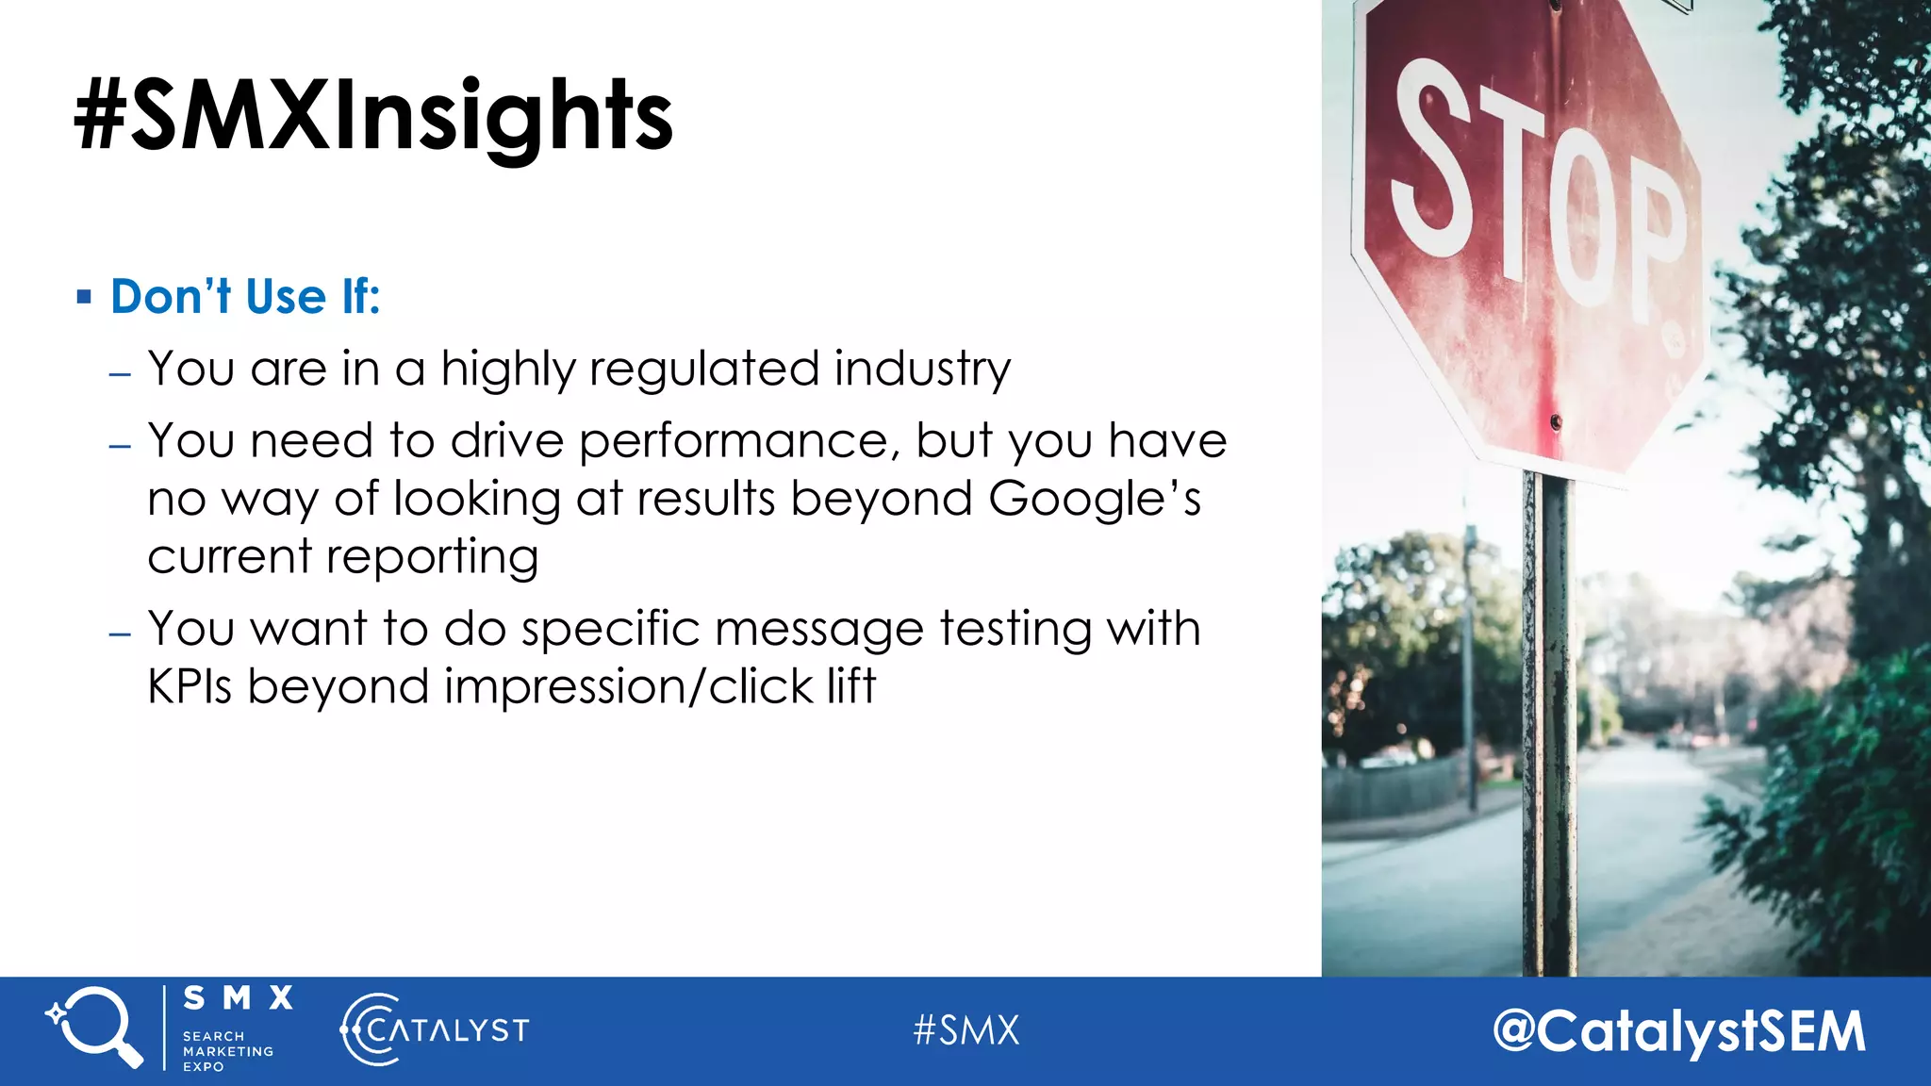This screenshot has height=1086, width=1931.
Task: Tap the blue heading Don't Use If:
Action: [x=245, y=297]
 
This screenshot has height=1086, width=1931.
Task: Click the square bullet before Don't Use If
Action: [x=85, y=298]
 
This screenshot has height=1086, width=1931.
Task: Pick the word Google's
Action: [x=1094, y=499]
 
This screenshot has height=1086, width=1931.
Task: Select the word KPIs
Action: [x=190, y=686]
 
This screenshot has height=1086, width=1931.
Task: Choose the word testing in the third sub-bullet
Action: [x=1015, y=629]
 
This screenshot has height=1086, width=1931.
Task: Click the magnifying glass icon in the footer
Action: [x=94, y=1028]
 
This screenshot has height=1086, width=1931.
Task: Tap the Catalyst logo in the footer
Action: [x=435, y=1029]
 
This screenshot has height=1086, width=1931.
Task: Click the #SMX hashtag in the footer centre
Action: [x=966, y=1030]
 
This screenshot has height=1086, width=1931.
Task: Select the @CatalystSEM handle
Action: [x=1678, y=1031]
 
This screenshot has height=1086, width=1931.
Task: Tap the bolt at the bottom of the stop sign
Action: [x=1555, y=421]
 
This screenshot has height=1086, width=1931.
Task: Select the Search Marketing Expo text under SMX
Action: [x=227, y=1051]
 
